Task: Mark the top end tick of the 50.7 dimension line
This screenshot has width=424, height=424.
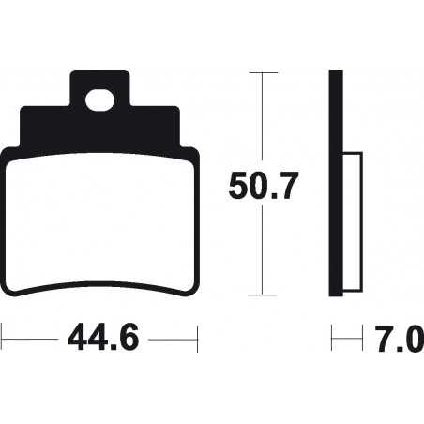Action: point(263,71)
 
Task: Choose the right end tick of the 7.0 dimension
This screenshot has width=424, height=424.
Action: point(362,336)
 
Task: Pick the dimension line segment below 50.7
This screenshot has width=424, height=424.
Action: point(263,253)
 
